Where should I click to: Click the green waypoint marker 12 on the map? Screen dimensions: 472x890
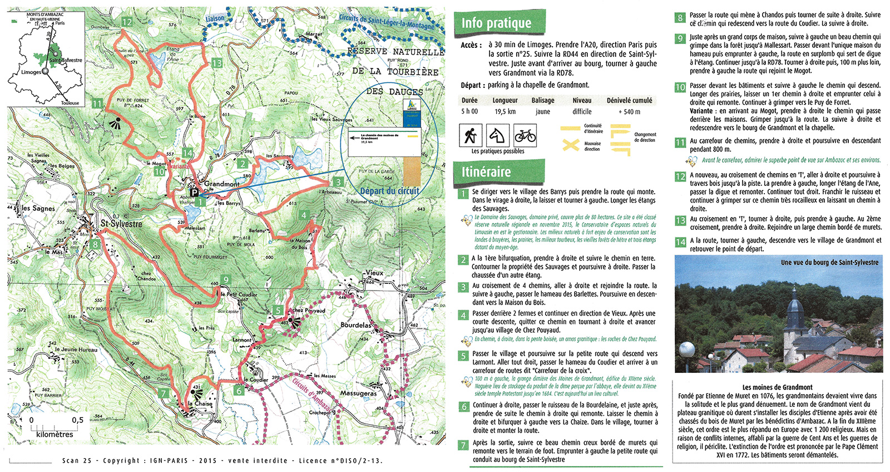127,22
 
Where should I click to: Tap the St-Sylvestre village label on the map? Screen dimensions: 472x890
121,224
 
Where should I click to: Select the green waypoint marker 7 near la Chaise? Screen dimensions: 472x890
164,393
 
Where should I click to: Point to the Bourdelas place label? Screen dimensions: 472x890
356,325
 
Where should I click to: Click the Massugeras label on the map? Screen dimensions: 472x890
358,394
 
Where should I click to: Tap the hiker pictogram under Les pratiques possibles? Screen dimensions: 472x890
471,135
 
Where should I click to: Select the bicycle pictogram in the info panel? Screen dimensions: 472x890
525,135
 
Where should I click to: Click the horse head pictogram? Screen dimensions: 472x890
498,135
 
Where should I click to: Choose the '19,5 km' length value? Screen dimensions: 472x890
505,112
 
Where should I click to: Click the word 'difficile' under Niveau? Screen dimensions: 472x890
582,112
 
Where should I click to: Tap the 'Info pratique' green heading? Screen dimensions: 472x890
496,23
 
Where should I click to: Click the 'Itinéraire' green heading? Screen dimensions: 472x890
486,172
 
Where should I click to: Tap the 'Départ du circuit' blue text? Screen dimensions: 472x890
389,191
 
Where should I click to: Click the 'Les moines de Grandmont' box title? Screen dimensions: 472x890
777,387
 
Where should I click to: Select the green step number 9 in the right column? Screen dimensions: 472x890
680,38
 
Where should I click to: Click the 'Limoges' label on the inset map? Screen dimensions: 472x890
31,72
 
